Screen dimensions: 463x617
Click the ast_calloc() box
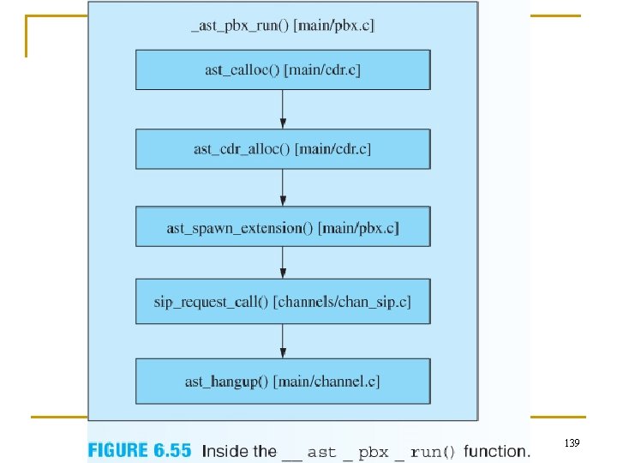coord(283,69)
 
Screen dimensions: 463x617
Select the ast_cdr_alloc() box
coord(283,149)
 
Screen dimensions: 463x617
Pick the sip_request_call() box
coord(283,303)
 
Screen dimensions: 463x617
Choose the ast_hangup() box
coord(283,382)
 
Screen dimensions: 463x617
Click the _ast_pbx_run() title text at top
coord(283,26)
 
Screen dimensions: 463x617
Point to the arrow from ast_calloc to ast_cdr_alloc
coord(283,109)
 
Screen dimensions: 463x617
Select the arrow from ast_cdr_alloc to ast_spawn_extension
coord(283,188)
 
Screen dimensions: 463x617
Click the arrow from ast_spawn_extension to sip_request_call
coord(283,262)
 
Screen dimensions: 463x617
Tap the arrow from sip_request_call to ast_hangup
coord(283,341)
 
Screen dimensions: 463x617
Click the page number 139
coord(572,442)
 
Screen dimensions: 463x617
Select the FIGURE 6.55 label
coord(140,450)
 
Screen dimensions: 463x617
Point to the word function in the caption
coord(496,450)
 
